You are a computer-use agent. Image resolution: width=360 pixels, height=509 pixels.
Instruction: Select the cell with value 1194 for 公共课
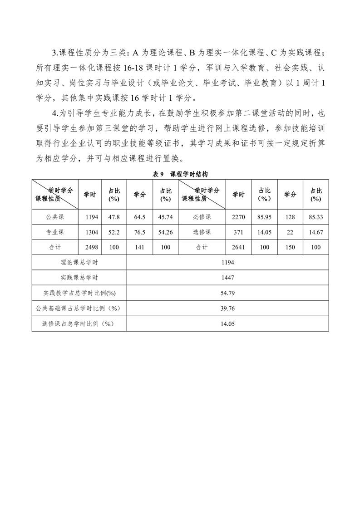coord(92,217)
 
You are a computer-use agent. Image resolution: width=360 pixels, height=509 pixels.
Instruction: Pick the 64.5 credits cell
coord(140,217)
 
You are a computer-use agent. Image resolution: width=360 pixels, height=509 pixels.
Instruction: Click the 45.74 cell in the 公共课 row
coord(166,217)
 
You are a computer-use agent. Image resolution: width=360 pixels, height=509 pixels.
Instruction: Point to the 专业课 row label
coord(55,232)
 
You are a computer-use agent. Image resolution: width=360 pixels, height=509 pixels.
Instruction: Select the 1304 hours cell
coord(92,232)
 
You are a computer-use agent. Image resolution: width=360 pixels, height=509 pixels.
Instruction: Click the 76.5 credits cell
coord(140,232)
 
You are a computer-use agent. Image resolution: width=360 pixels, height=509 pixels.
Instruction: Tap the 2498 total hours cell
coord(92,247)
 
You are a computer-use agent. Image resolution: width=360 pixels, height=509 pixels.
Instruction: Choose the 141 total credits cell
coord(140,247)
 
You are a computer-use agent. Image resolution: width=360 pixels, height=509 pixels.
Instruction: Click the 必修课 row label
coord(202,217)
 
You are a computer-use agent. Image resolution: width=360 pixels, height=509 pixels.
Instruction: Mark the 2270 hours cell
coord(238,217)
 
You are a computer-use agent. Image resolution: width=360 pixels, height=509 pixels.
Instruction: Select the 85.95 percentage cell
coord(264,217)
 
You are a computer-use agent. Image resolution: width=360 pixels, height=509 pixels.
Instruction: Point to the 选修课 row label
coord(202,232)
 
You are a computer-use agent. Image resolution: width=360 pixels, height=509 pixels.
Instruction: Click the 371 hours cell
coord(238,232)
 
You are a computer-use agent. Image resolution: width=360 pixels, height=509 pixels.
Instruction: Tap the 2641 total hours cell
coord(238,247)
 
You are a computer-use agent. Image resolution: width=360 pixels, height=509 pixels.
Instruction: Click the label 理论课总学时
coord(79,262)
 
